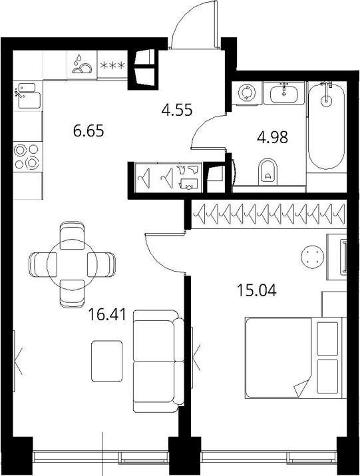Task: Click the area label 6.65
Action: point(89,131)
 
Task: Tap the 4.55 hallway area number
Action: point(177,110)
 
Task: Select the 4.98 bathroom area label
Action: point(272,138)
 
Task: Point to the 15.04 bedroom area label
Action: point(256,290)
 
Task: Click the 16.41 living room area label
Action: point(106,314)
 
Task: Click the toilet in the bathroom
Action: point(268,171)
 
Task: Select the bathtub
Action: point(326,125)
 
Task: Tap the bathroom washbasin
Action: point(284,93)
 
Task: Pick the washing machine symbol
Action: point(246,93)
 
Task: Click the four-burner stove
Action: point(28,156)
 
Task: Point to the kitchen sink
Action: point(28,95)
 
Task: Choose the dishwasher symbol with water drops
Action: point(82,65)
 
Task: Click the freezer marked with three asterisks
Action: point(112,65)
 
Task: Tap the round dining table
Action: point(72,265)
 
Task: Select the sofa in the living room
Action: point(158,361)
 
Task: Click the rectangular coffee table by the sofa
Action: point(107,361)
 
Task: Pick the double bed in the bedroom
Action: point(293,357)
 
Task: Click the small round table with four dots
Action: point(312,256)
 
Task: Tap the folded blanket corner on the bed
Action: point(301,387)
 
